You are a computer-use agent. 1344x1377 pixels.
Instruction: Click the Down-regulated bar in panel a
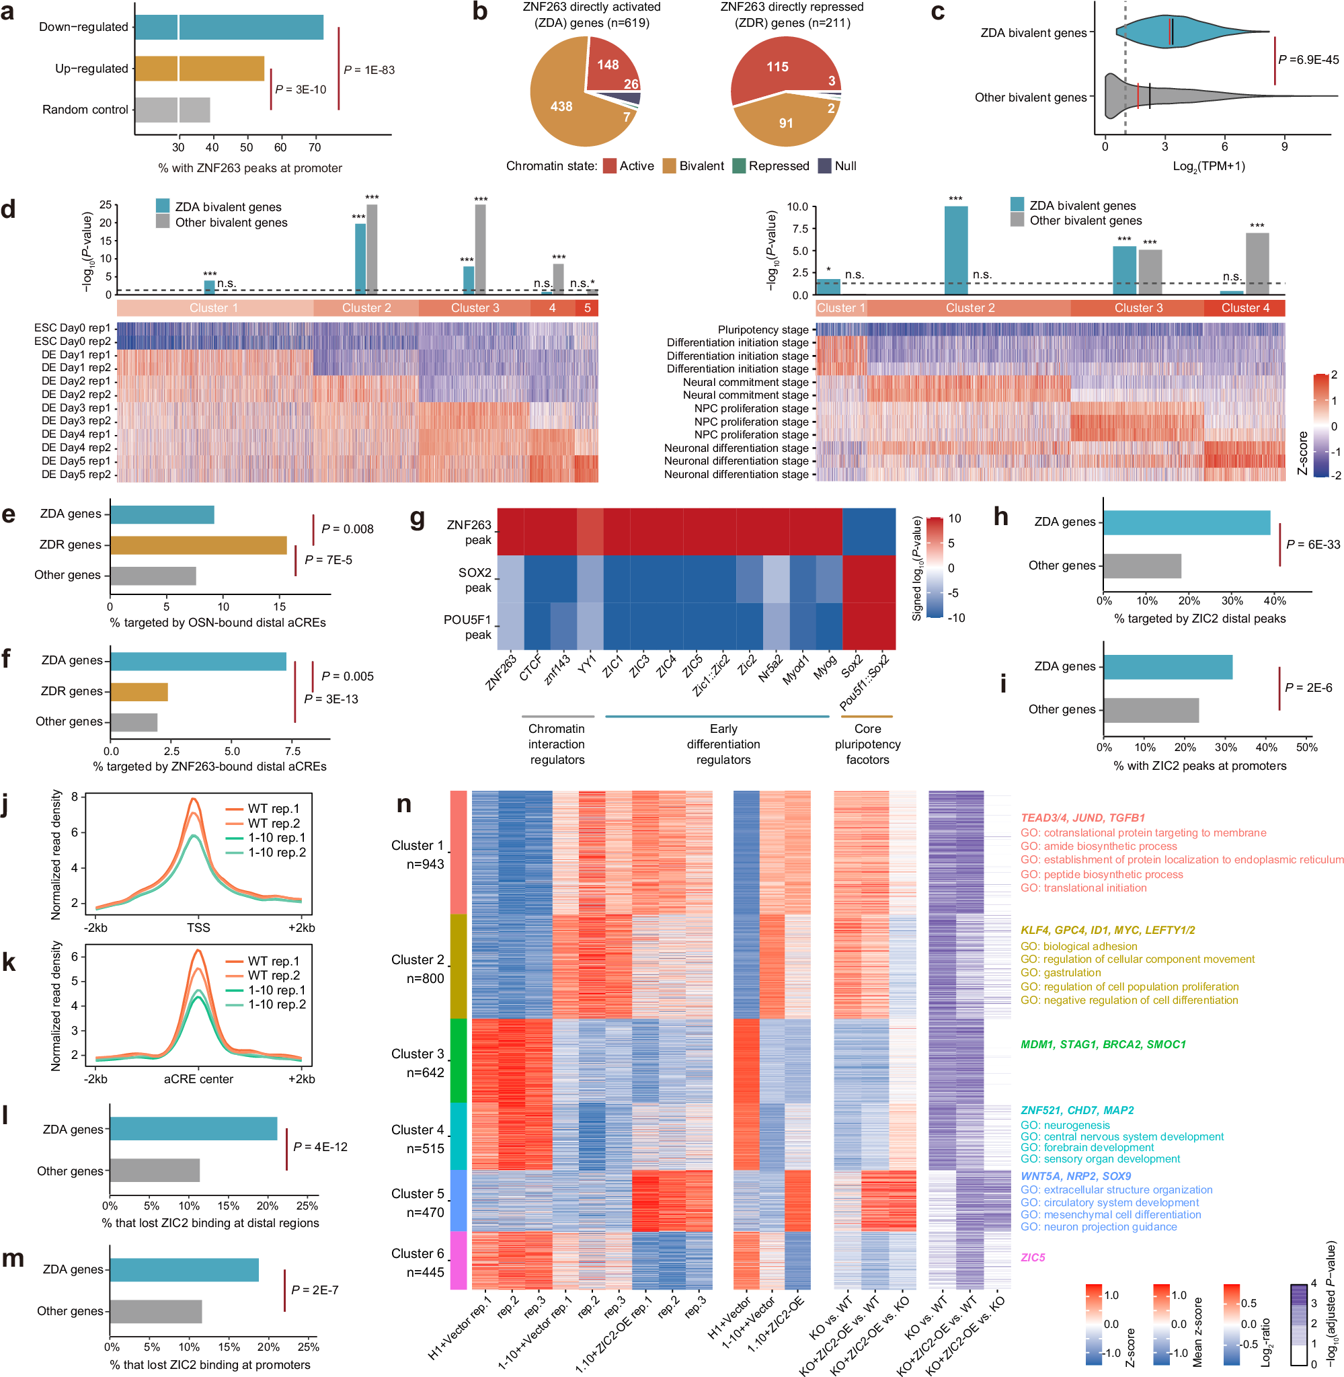(229, 27)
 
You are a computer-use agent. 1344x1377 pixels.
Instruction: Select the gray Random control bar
(172, 110)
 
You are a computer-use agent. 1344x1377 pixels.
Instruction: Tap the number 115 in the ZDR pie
(777, 67)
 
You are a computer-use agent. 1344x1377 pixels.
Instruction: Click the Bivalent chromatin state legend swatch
(669, 166)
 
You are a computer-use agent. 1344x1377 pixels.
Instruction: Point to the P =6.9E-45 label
(1308, 59)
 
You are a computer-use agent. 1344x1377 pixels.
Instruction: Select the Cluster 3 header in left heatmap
(475, 308)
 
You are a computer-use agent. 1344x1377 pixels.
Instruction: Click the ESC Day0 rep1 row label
(72, 327)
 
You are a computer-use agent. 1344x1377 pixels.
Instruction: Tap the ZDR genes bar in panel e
(198, 545)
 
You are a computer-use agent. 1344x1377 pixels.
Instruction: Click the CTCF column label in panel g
(531, 666)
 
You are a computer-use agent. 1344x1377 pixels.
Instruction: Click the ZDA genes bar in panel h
(1186, 522)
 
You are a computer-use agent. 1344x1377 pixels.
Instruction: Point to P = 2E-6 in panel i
(1308, 687)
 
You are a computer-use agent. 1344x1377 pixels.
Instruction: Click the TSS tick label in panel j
(198, 927)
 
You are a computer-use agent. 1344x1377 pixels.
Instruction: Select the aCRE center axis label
(198, 1078)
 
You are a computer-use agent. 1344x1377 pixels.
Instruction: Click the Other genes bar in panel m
(156, 1310)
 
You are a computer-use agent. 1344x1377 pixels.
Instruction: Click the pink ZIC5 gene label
(1033, 1257)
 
